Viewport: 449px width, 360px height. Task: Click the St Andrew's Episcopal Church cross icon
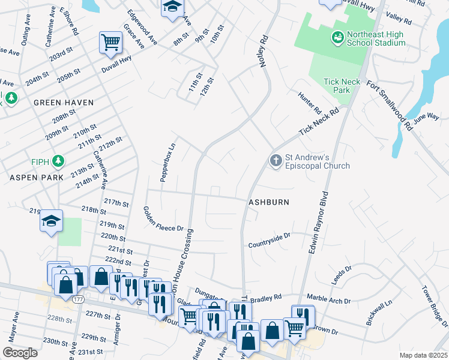[x=276, y=160]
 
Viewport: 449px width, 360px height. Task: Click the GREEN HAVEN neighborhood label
[x=64, y=103]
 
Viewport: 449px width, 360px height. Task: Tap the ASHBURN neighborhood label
[x=269, y=202]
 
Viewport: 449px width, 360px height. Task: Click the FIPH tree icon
[x=58, y=161]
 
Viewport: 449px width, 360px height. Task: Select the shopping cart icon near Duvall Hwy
[x=110, y=42]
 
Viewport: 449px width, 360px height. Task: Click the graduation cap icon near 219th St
[x=52, y=221]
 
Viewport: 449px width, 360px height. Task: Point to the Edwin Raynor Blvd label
[x=319, y=222]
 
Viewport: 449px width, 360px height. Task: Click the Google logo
[x=20, y=353]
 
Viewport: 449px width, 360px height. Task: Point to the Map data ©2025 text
[x=423, y=355]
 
